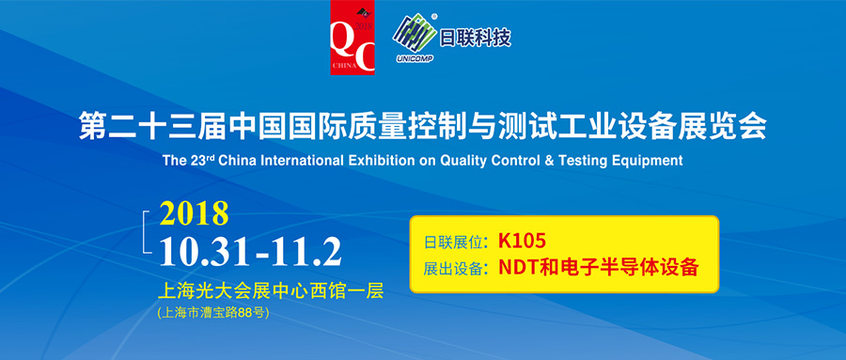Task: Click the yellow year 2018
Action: coord(194,213)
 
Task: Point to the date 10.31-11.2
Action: coord(249,251)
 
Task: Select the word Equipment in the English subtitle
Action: coord(648,161)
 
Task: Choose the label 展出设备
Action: coord(455,268)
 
